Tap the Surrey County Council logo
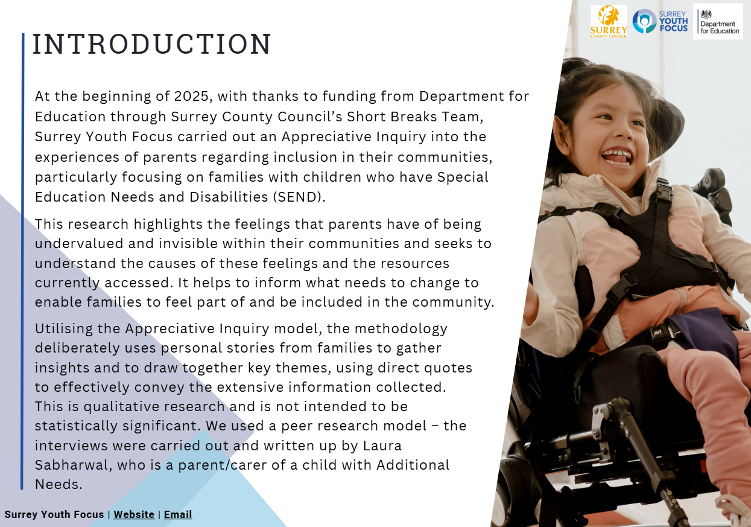click(x=609, y=22)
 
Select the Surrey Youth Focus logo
click(x=660, y=21)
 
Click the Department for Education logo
click(x=718, y=22)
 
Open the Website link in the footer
click(x=134, y=514)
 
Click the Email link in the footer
click(x=178, y=514)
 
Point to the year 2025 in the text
click(x=191, y=96)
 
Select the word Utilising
click(x=64, y=329)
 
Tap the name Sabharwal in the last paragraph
click(x=73, y=465)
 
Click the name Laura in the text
click(x=382, y=446)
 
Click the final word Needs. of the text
click(x=59, y=484)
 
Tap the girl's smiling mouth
click(x=617, y=158)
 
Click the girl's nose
click(x=624, y=133)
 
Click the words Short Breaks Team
click(x=415, y=117)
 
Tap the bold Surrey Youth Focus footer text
click(x=54, y=514)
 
